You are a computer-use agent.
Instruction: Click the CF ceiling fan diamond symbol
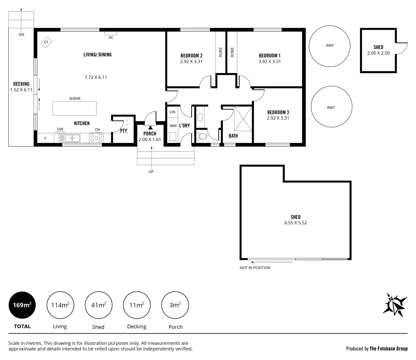pos(46,42)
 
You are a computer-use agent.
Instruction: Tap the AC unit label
pos(111,37)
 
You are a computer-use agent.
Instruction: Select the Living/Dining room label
pos(97,55)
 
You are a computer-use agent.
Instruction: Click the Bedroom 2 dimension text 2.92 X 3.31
pos(191,62)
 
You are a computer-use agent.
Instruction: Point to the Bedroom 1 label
pos(269,56)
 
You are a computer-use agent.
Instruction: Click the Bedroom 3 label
pos(278,112)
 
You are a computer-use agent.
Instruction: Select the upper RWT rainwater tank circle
pos(329,46)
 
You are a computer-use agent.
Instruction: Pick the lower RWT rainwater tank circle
pos(331,107)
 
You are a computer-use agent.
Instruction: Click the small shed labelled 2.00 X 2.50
pos(378,50)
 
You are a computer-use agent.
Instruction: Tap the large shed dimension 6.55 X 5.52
pos(295,223)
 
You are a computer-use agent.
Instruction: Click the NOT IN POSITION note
pos(255,268)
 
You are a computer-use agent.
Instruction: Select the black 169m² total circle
pos(22,305)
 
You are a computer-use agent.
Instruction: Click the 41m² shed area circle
pos(99,305)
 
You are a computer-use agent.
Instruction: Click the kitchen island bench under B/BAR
pos(75,108)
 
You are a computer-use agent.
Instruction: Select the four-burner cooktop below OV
pos(96,138)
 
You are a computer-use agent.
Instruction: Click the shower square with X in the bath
pos(243,119)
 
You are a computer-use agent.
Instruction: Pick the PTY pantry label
pos(123,131)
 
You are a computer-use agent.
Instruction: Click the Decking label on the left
pos(21,84)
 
